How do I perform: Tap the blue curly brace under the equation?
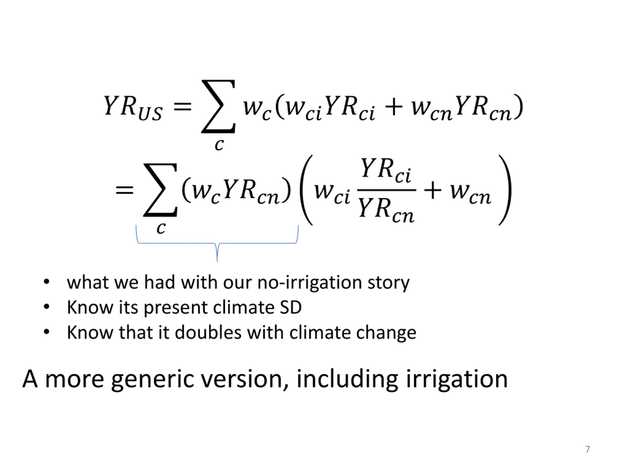point(217,243)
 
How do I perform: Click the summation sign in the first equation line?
point(218,106)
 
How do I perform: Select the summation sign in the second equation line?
point(160,190)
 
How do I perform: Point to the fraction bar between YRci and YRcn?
point(386,190)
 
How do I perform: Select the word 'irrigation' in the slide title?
point(457,379)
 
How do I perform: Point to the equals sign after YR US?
point(183,107)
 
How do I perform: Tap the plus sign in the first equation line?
point(394,107)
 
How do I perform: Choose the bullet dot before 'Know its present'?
point(47,307)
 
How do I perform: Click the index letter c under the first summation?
point(219,145)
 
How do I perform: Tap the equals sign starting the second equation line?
point(124,190)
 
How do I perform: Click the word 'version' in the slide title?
point(241,379)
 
